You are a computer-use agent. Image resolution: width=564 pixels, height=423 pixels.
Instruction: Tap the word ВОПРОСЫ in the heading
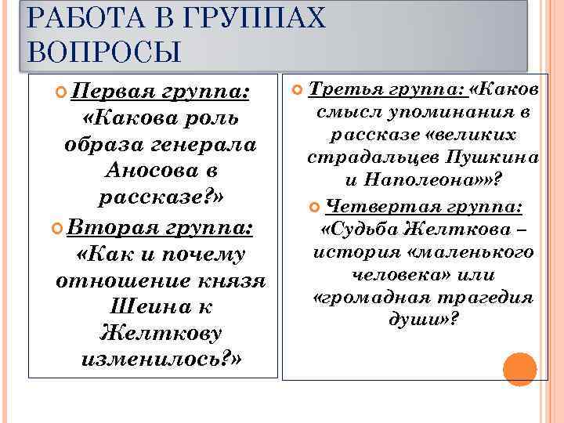pos(104,52)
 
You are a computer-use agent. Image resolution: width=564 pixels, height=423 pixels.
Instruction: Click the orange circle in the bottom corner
pos(519,368)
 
